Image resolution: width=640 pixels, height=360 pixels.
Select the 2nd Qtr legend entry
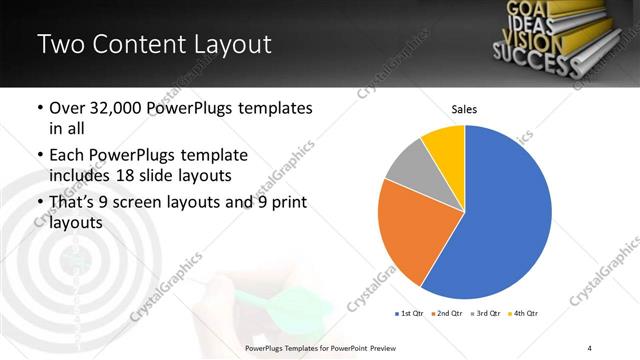[447, 313]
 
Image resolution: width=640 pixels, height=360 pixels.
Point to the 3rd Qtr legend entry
[485, 313]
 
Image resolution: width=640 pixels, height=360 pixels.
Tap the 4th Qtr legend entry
[522, 313]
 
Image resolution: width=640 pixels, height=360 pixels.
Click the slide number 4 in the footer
[590, 347]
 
